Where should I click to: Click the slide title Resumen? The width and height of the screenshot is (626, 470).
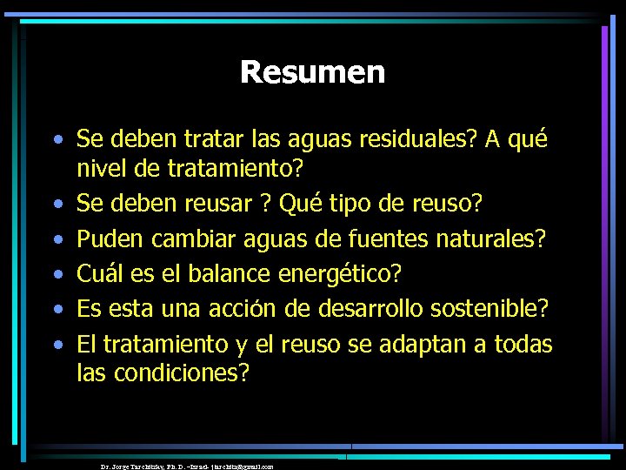[312, 71]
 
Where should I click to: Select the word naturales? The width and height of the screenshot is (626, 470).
[496, 238]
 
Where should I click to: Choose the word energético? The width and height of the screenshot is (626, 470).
[340, 275]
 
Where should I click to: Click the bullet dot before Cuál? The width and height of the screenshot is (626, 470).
[57, 275]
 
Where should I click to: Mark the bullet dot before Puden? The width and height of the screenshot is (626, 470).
[57, 239]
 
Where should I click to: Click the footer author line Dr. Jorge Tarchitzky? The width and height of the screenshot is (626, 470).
[187, 467]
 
